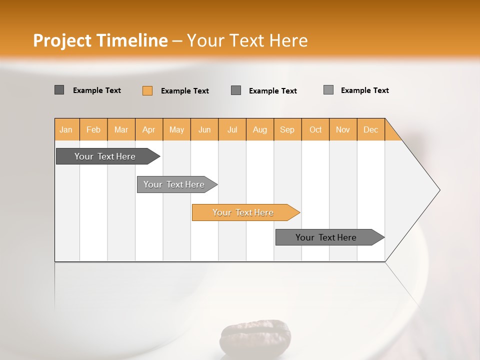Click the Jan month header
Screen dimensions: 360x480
[66, 129]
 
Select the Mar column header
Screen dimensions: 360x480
[121, 129]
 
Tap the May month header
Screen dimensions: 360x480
[176, 129]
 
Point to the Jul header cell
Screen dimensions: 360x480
[232, 129]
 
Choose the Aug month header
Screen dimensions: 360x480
[260, 129]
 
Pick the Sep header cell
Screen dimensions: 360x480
[287, 129]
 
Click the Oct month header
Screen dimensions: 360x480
[315, 129]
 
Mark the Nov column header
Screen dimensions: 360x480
[343, 129]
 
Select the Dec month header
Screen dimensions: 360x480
[371, 129]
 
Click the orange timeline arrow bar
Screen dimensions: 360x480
[245, 212]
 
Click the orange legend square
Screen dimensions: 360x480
[147, 90]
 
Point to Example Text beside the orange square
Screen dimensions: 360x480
[185, 91]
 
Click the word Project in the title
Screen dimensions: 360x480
[62, 40]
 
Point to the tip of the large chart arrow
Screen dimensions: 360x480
[439, 190]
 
